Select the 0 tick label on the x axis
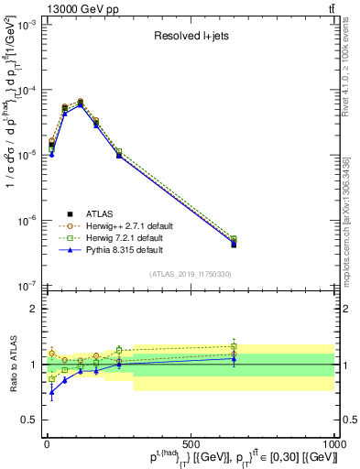click(47, 444)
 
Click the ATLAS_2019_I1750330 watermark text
click(191, 274)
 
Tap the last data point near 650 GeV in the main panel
click(234, 243)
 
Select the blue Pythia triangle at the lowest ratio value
click(52, 392)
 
